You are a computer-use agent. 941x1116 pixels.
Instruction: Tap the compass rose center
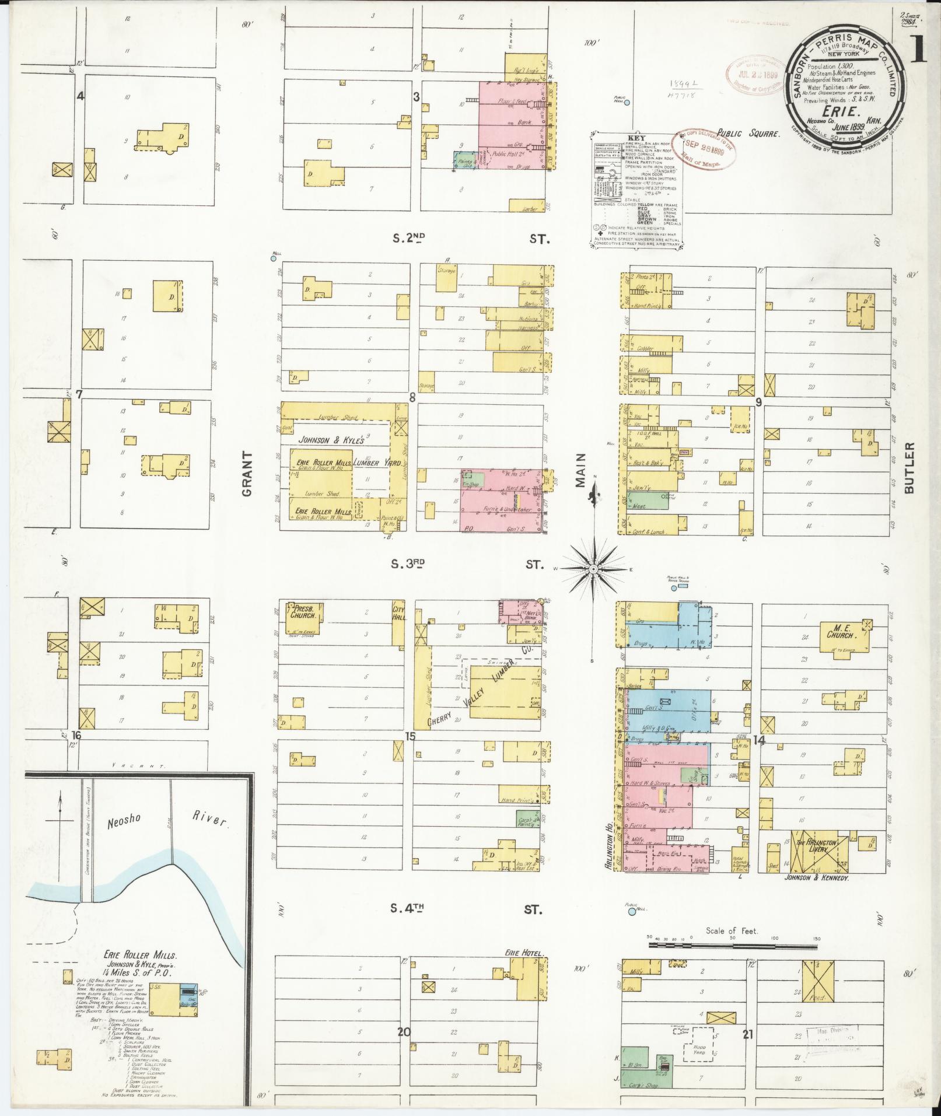click(593, 568)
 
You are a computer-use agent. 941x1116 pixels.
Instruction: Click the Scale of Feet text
click(732, 931)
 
